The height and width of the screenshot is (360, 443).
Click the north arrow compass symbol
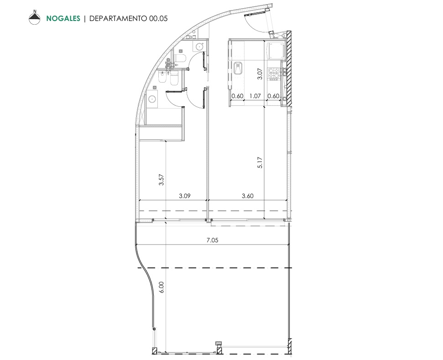[x=35, y=18]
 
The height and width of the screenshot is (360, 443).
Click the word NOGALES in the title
[x=63, y=18]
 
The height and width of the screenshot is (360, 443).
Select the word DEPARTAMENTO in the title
[x=118, y=18]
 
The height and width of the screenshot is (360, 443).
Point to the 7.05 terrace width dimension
[x=213, y=240]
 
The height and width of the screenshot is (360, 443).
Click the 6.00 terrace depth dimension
[x=162, y=287]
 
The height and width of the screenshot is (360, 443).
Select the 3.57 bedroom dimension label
[x=162, y=179]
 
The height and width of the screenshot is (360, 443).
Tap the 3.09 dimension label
[x=185, y=196]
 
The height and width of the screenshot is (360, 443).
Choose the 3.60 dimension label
[x=247, y=196]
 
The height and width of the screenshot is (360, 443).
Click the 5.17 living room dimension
[x=260, y=163]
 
